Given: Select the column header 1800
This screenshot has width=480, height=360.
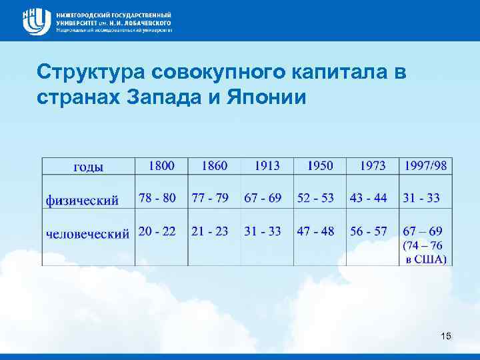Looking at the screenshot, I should tap(162, 165).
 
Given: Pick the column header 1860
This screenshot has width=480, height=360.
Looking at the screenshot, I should tap(214, 165).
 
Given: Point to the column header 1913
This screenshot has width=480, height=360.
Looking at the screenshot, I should tap(267, 165).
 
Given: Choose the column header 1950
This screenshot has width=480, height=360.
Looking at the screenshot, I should tap(320, 165).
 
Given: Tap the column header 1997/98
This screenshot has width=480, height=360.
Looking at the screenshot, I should tap(426, 165).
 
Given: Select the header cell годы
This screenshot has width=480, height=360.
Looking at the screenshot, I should tap(88, 167).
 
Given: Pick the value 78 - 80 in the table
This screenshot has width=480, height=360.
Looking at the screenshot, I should tap(157, 198).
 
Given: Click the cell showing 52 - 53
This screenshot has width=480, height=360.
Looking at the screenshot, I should tap(316, 198).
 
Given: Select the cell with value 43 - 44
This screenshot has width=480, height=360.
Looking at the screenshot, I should tap(369, 198).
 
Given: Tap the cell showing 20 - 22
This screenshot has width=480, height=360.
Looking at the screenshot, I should tap(157, 231).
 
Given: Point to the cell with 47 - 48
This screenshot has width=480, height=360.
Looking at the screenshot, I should tap(316, 231).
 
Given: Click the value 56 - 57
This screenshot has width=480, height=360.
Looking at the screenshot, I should tap(369, 231).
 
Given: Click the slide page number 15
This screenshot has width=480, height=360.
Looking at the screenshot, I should tap(446, 337).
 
